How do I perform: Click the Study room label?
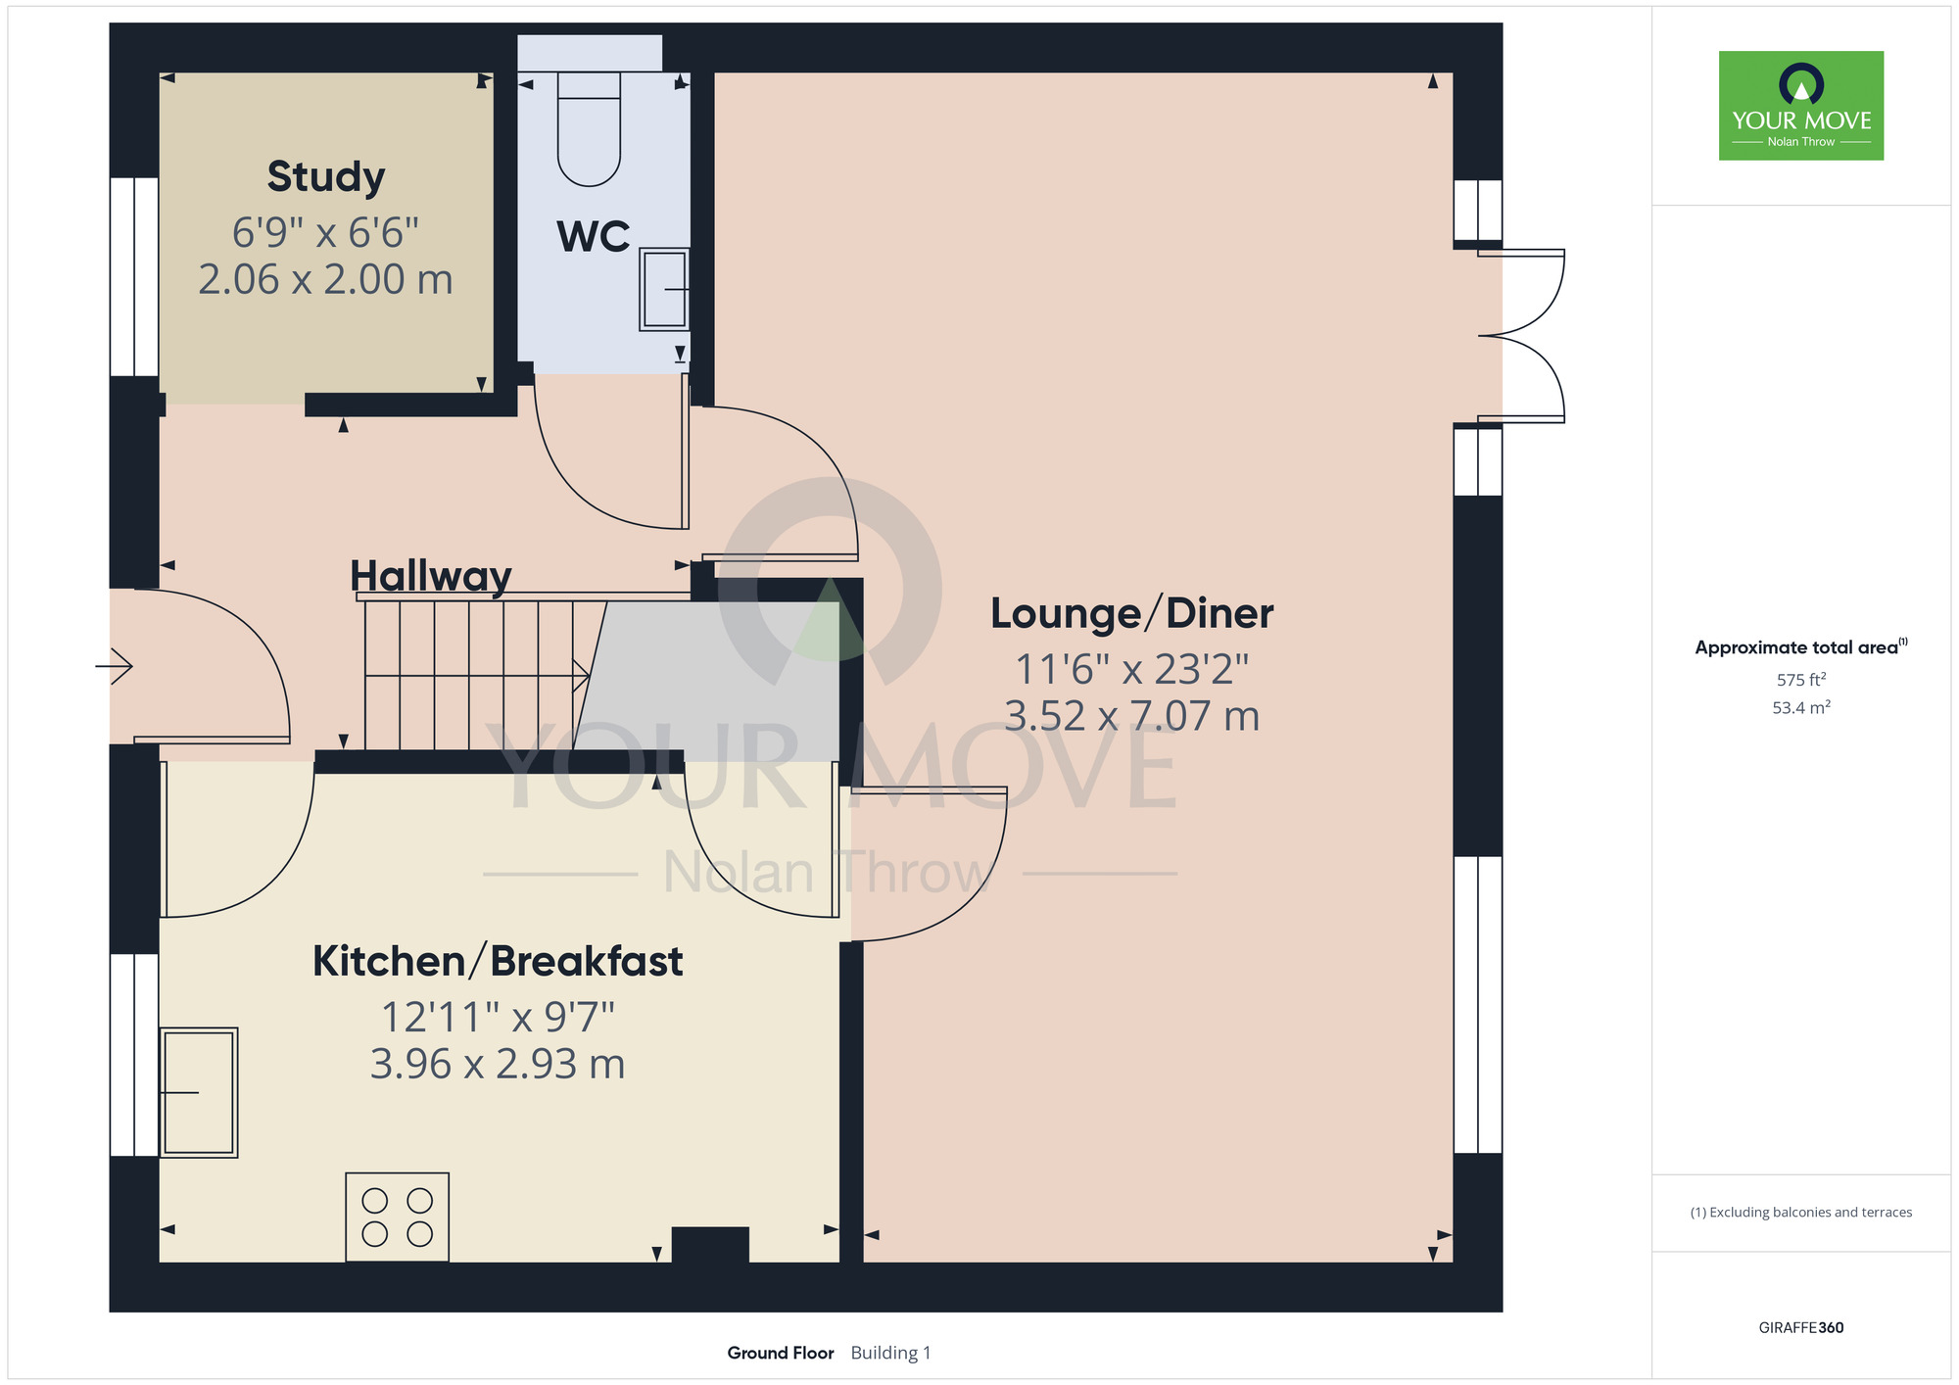(326, 177)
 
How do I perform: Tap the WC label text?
(594, 237)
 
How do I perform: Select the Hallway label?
(431, 576)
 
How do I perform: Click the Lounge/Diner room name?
(1132, 614)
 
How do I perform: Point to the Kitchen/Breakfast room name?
(498, 961)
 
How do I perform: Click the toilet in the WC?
(589, 128)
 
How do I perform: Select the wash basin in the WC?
(664, 289)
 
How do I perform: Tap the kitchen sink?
(199, 1092)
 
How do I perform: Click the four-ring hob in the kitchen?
(397, 1217)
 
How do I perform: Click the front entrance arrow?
(114, 666)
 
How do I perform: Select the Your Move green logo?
(1801, 106)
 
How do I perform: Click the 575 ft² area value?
(1801, 680)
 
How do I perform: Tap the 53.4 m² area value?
(1801, 707)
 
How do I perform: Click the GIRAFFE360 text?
(1801, 1328)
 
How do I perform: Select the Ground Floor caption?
(781, 1353)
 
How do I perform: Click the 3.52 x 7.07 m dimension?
(1132, 716)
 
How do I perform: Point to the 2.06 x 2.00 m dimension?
(326, 280)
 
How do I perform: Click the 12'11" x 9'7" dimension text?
(498, 1018)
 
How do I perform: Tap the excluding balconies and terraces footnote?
(1801, 1213)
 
